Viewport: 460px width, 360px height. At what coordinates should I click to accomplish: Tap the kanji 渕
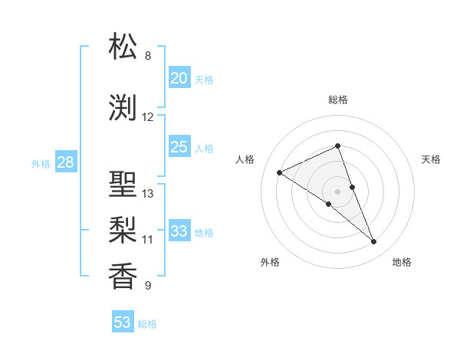click(x=123, y=108)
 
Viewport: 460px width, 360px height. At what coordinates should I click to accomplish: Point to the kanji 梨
click(x=123, y=230)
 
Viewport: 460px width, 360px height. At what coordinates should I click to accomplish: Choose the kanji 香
click(x=123, y=276)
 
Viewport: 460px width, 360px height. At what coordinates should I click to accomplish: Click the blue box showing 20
click(x=179, y=78)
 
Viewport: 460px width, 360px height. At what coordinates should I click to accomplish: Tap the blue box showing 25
click(x=179, y=147)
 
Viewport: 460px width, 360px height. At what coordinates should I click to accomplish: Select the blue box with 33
click(x=179, y=231)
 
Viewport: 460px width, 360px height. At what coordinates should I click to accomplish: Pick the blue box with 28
click(x=64, y=162)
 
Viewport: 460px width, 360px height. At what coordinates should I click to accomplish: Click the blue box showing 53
click(x=122, y=322)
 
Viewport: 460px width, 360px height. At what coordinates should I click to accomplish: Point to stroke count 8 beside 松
click(x=148, y=56)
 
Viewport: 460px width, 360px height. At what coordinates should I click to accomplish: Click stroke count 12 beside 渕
click(x=148, y=117)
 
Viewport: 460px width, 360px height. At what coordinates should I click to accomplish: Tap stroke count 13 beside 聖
click(x=148, y=194)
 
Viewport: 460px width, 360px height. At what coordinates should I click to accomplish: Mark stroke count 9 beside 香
click(x=148, y=286)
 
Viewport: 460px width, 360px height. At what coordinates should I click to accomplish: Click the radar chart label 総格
click(x=337, y=100)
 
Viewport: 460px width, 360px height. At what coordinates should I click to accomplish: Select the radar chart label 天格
click(x=431, y=159)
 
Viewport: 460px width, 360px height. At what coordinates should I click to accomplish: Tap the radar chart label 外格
click(x=270, y=262)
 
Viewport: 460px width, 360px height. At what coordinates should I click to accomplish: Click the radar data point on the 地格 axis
click(x=374, y=242)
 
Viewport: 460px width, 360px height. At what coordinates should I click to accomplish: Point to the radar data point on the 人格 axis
click(x=280, y=172)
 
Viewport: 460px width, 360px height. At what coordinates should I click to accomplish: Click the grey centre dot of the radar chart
click(x=337, y=191)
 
